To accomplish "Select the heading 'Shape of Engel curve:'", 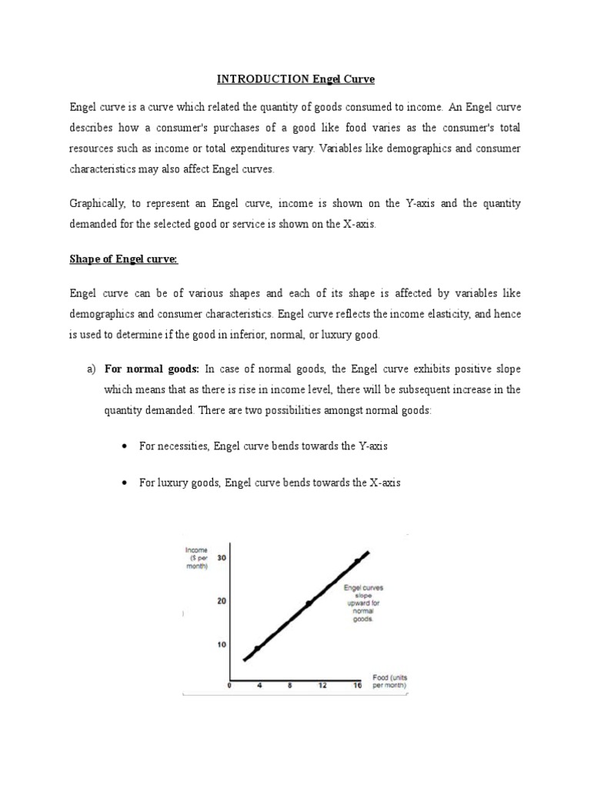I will (x=123, y=259).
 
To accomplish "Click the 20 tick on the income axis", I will (x=222, y=601).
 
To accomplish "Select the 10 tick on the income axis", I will (x=222, y=644).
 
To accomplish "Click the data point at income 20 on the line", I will (x=308, y=603).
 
